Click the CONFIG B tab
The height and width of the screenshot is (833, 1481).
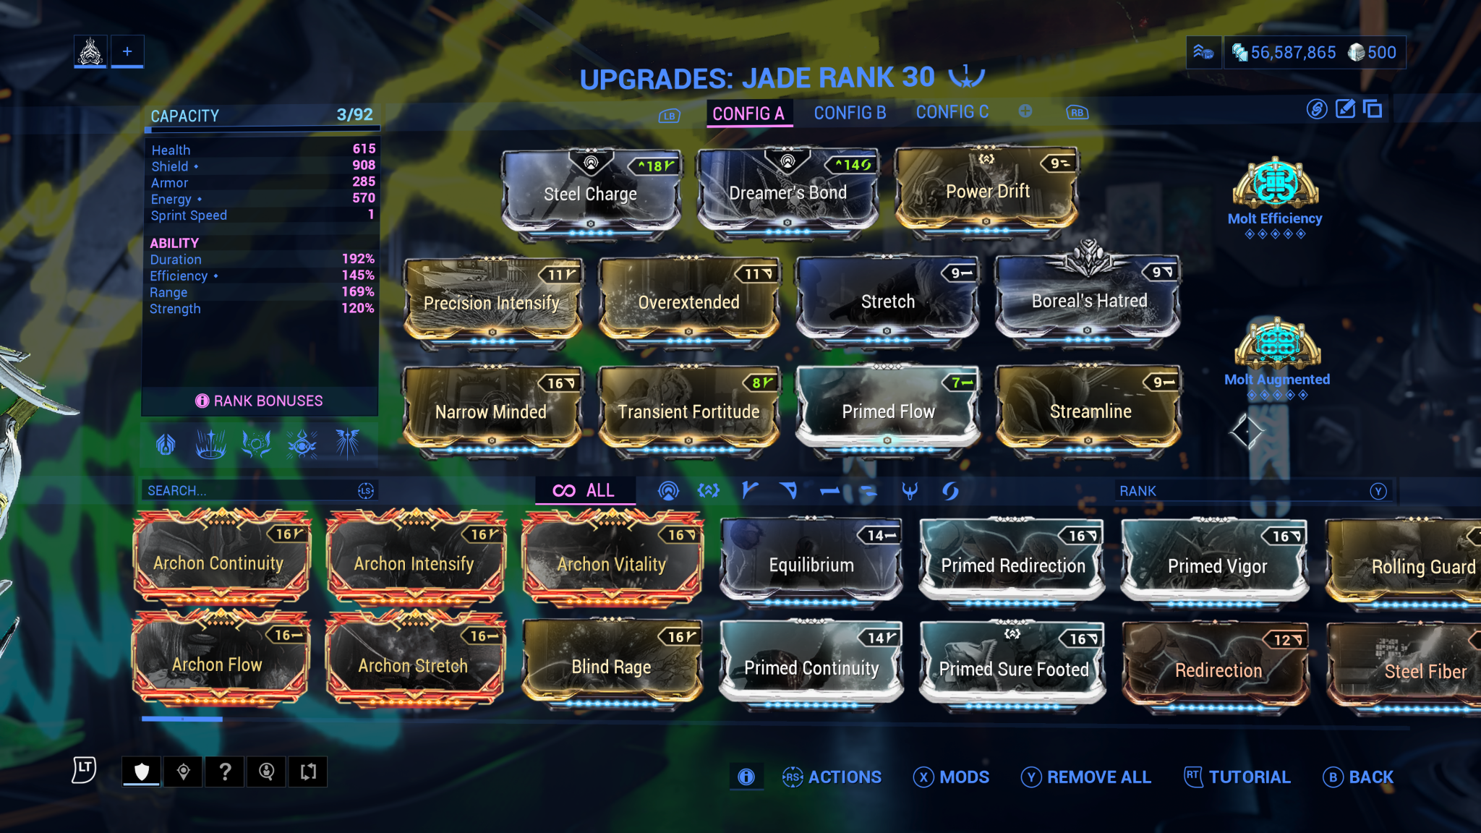850,113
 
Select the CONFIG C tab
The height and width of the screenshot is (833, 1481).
952,112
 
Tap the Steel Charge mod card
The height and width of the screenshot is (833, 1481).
590,194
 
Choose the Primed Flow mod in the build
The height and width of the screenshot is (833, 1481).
888,411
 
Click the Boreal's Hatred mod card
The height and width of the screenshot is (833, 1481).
1088,301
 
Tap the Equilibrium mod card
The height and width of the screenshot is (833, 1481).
811,564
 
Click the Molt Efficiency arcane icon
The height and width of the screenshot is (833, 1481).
1275,184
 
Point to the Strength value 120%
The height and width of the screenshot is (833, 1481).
357,308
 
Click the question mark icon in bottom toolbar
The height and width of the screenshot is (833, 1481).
225,772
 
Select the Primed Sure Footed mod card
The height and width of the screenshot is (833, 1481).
1012,668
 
